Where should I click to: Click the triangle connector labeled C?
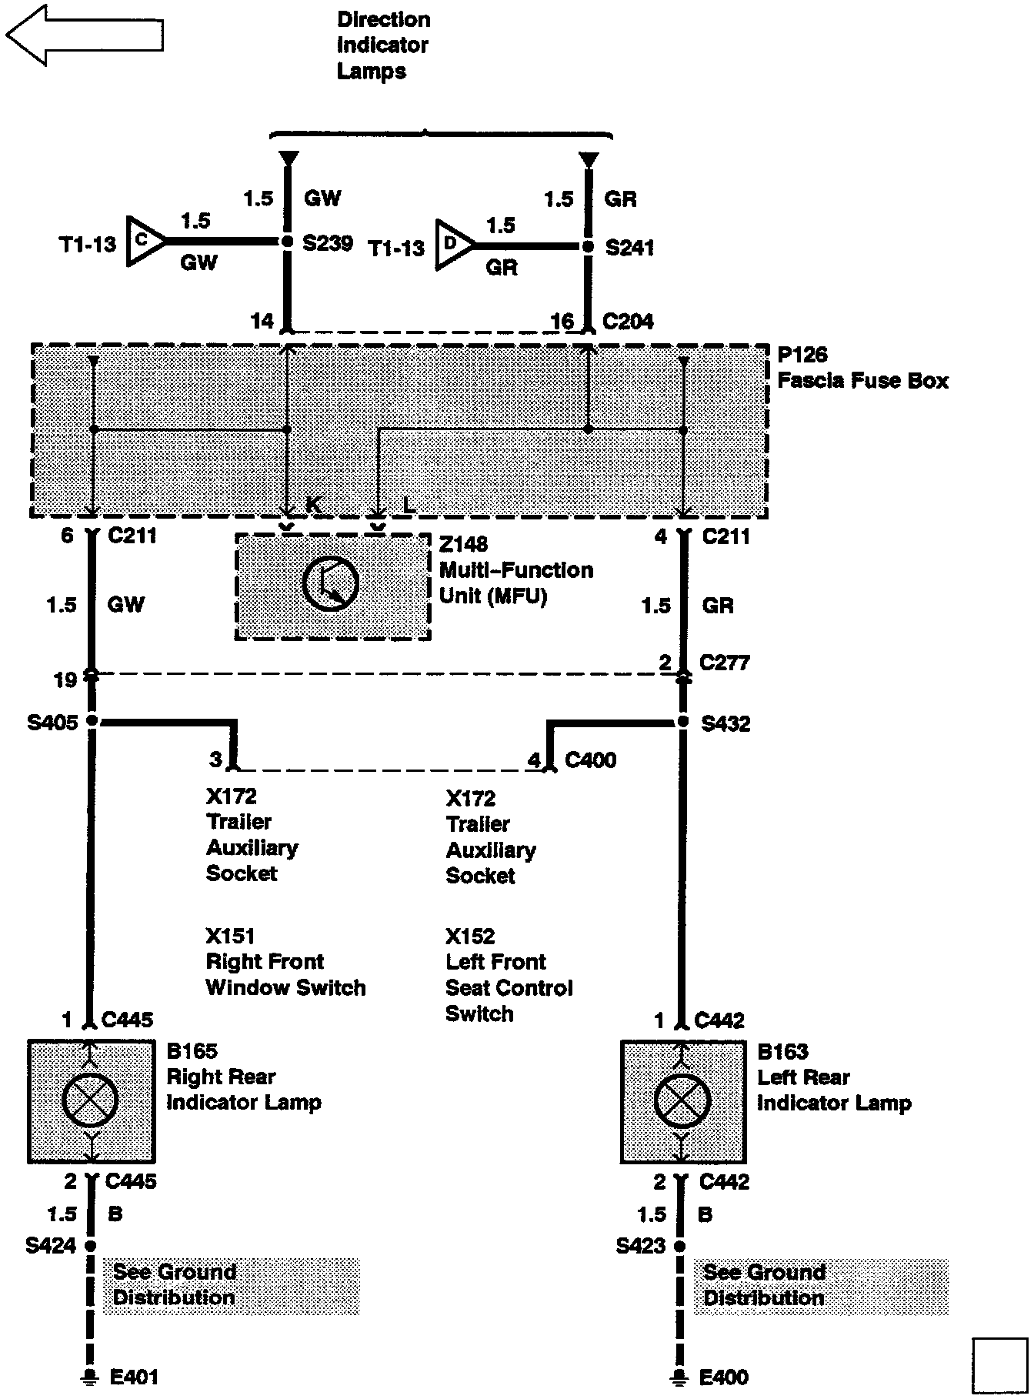[144, 242]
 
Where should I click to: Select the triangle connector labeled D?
[452, 245]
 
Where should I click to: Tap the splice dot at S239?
[287, 242]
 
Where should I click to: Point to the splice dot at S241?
[588, 246]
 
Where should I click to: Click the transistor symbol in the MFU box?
[331, 584]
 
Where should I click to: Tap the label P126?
[802, 355]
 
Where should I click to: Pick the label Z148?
[463, 544]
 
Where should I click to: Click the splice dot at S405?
[92, 721]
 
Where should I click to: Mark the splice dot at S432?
[682, 722]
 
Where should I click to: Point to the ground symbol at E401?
[90, 1376]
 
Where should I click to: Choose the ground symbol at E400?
[679, 1376]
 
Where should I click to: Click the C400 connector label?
[590, 760]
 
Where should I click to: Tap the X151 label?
[230, 936]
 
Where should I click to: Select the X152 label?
[470, 936]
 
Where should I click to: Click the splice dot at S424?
[91, 1245]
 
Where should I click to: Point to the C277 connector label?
[724, 663]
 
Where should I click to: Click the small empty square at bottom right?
[999, 1365]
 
